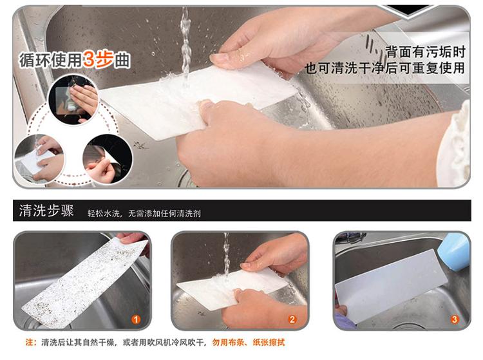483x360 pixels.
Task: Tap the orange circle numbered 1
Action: coord(136,319)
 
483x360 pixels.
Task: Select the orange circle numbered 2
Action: coord(292,319)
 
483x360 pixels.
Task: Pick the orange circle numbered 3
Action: coord(455,319)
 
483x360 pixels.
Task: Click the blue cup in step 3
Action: coord(453,252)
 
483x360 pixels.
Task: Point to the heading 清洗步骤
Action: coord(46,211)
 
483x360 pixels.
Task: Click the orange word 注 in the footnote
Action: coord(29,342)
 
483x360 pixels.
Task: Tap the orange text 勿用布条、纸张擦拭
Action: coord(249,342)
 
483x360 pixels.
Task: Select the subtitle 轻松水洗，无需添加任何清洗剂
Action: coord(144,213)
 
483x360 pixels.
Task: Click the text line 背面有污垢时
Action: coord(426,52)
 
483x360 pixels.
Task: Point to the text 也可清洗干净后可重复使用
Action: coord(385,68)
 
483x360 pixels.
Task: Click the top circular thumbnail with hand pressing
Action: coord(73,99)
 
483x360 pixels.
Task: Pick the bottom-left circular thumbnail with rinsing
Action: coord(39,159)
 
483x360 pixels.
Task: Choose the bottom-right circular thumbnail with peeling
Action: coord(108,159)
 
